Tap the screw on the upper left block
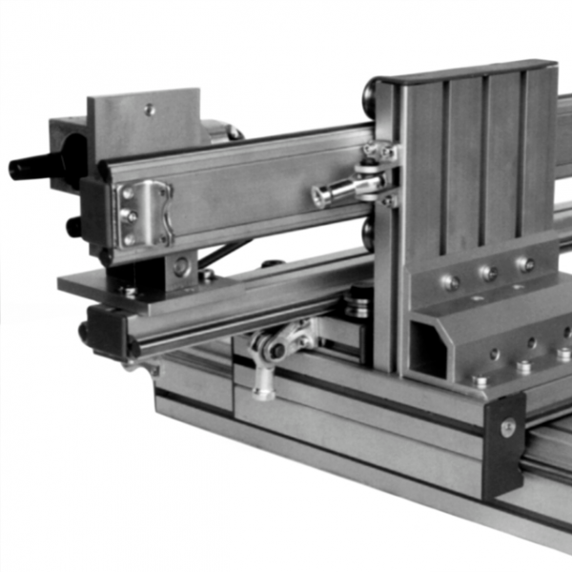(x=150, y=109)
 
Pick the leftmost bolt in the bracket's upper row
(x=451, y=282)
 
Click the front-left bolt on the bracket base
(x=480, y=380)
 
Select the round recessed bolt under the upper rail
(x=180, y=265)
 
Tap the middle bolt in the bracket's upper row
(x=488, y=274)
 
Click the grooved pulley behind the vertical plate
(x=358, y=303)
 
